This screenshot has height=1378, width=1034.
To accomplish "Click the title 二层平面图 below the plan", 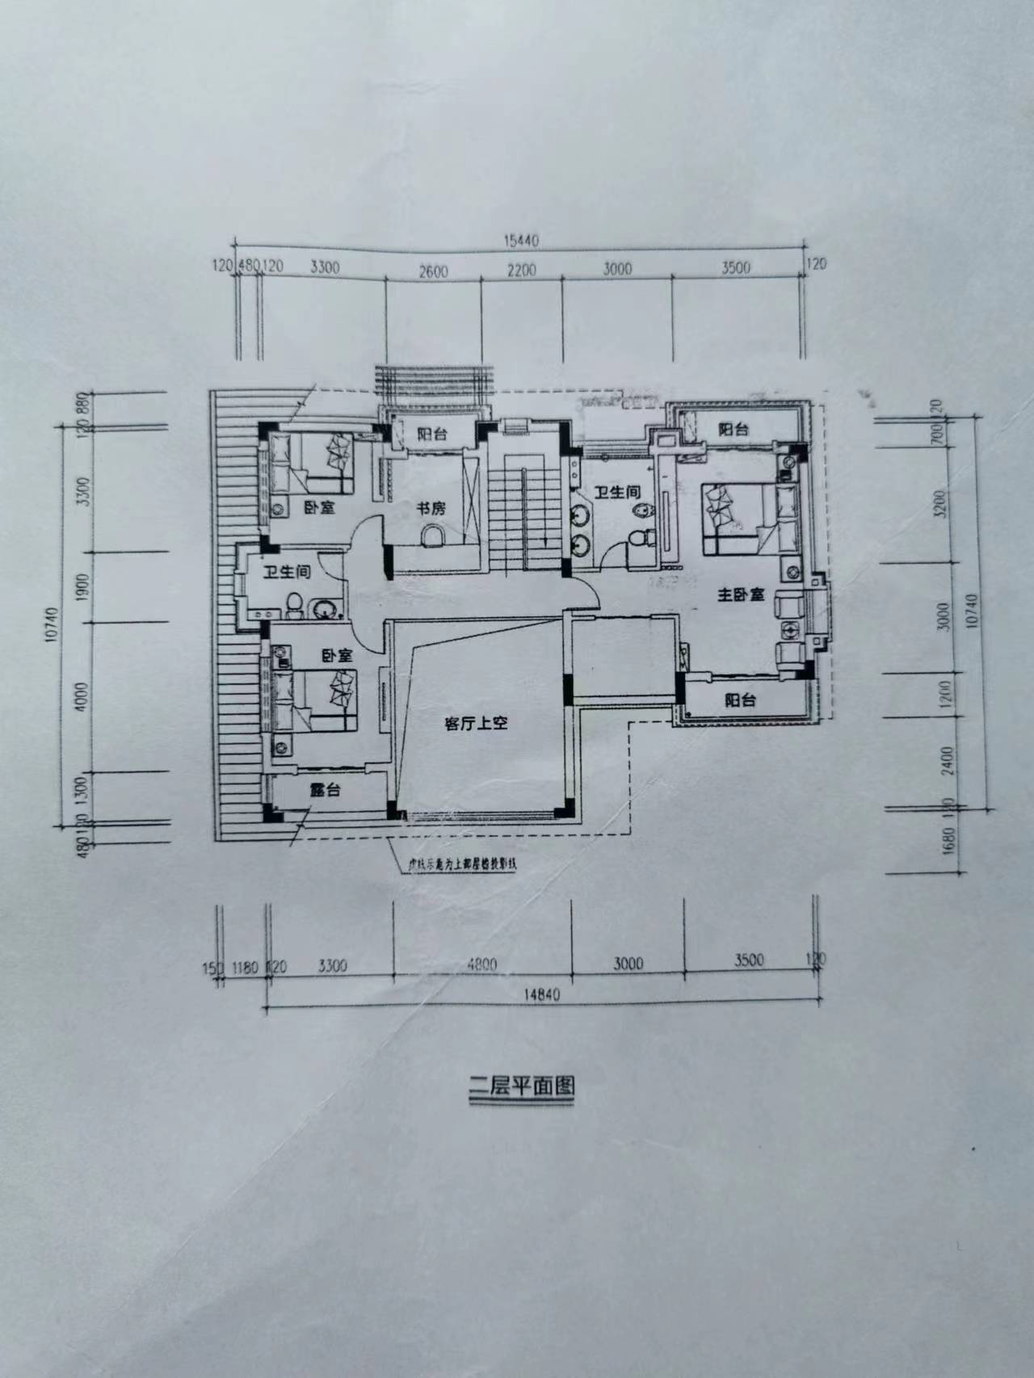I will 522,1085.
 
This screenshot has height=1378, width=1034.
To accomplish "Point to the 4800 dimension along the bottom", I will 481,964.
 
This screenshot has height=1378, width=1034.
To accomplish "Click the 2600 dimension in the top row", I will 433,271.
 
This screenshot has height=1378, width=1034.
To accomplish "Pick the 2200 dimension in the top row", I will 521,271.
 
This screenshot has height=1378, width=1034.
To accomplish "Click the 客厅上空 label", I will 476,724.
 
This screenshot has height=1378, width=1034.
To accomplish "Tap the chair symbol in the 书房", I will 433,536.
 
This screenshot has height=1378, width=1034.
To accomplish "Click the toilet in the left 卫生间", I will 296,603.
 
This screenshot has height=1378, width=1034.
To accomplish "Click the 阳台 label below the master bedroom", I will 739,700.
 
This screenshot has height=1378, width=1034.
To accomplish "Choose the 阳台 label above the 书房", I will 434,434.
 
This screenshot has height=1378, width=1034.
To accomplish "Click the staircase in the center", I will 524,505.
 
